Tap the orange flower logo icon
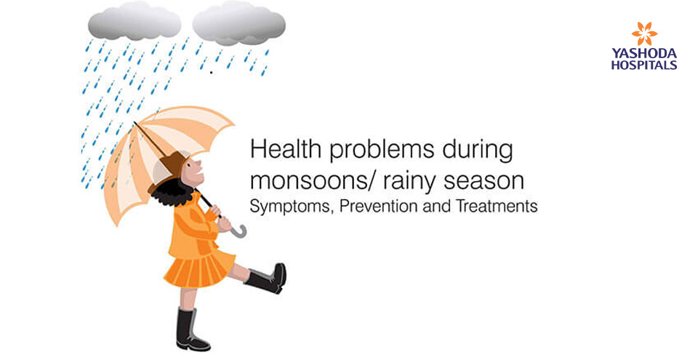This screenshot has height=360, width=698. (644, 33)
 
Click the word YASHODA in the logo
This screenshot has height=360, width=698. (644, 54)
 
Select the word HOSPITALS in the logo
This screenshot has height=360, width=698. (644, 65)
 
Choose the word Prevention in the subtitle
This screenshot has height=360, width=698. (384, 207)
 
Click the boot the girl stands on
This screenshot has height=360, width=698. (190, 331)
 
